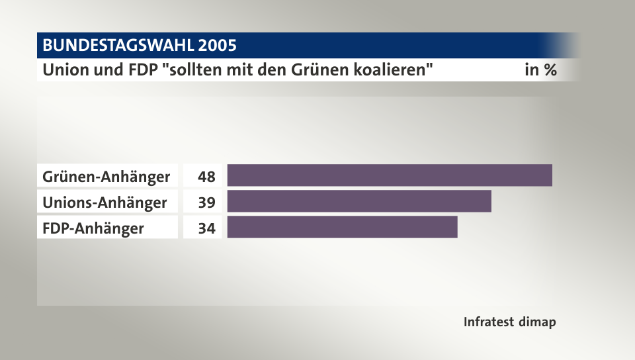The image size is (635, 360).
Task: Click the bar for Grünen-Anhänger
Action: pyautogui.click(x=390, y=175)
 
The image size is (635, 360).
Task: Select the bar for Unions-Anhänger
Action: pyautogui.click(x=359, y=201)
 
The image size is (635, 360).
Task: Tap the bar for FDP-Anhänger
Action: pyautogui.click(x=342, y=227)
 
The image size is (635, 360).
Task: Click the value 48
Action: pyautogui.click(x=206, y=177)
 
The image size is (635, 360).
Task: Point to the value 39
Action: pyautogui.click(x=206, y=202)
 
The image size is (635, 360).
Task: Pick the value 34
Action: pyautogui.click(x=206, y=228)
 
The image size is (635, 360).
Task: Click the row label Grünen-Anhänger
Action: pyautogui.click(x=106, y=177)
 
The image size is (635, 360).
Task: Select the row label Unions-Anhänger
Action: pyautogui.click(x=105, y=202)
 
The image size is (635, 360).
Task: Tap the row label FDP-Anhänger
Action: pyautogui.click(x=93, y=228)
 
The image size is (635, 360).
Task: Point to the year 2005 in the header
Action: pyautogui.click(x=216, y=46)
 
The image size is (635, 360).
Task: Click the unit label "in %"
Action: pyautogui.click(x=540, y=69)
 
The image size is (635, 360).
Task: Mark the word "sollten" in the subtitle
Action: pyautogui.click(x=190, y=69)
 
